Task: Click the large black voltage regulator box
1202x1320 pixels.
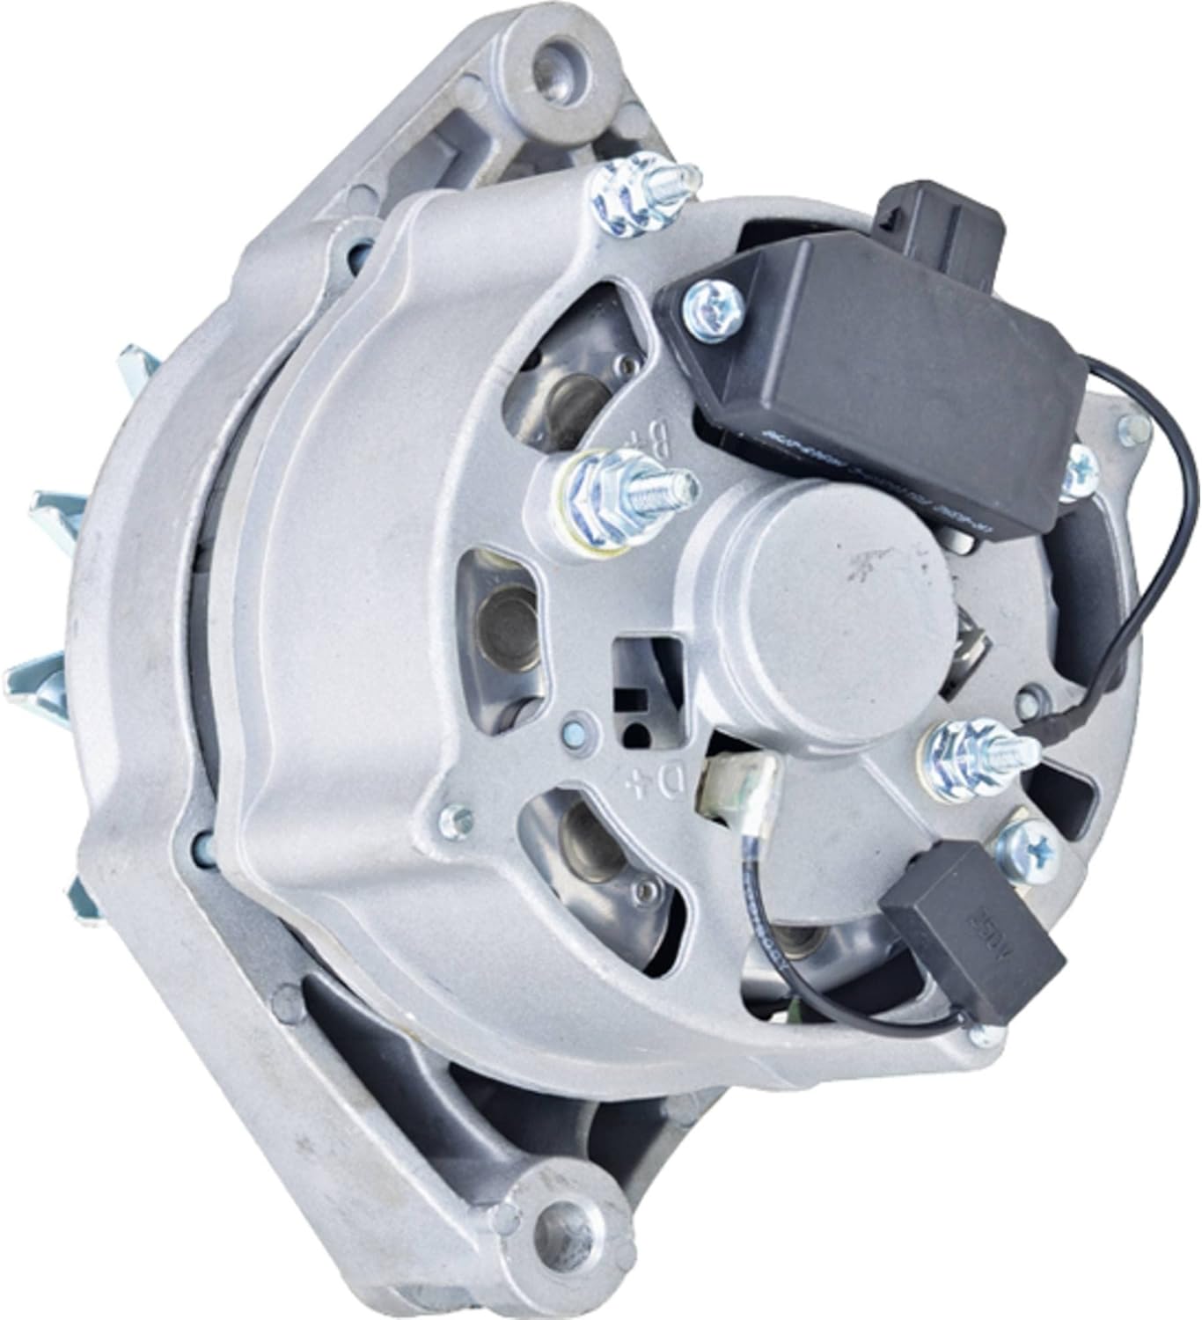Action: [x=880, y=370]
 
